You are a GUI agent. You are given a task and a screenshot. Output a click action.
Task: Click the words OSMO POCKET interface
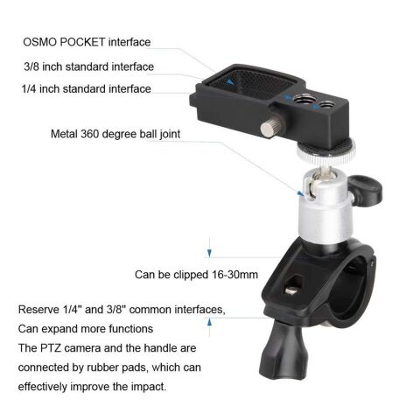[87, 41]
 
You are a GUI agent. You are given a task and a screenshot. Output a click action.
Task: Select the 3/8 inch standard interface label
[88, 66]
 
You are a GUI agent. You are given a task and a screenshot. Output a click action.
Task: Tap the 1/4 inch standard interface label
[87, 88]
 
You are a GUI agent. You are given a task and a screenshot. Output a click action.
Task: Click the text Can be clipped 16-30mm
[196, 274]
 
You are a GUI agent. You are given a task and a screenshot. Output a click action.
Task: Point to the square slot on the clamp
[292, 283]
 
